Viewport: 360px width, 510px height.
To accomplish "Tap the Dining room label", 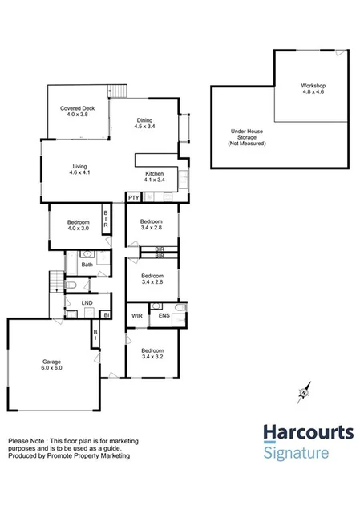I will tap(144, 121).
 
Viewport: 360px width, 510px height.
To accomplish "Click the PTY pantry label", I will tap(133, 196).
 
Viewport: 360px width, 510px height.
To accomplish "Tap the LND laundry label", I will tap(87, 302).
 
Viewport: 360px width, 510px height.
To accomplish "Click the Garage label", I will tap(52, 362).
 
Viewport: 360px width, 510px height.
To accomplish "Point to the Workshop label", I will tap(313, 85).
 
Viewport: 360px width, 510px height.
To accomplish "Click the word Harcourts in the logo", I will tap(309, 434).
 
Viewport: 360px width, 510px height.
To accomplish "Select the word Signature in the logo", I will tap(296, 453).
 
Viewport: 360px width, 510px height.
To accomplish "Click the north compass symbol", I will tap(303, 392).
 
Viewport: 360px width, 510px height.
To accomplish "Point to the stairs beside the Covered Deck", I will tap(119, 91).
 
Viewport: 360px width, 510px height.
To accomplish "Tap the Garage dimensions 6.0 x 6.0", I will tap(52, 368).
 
